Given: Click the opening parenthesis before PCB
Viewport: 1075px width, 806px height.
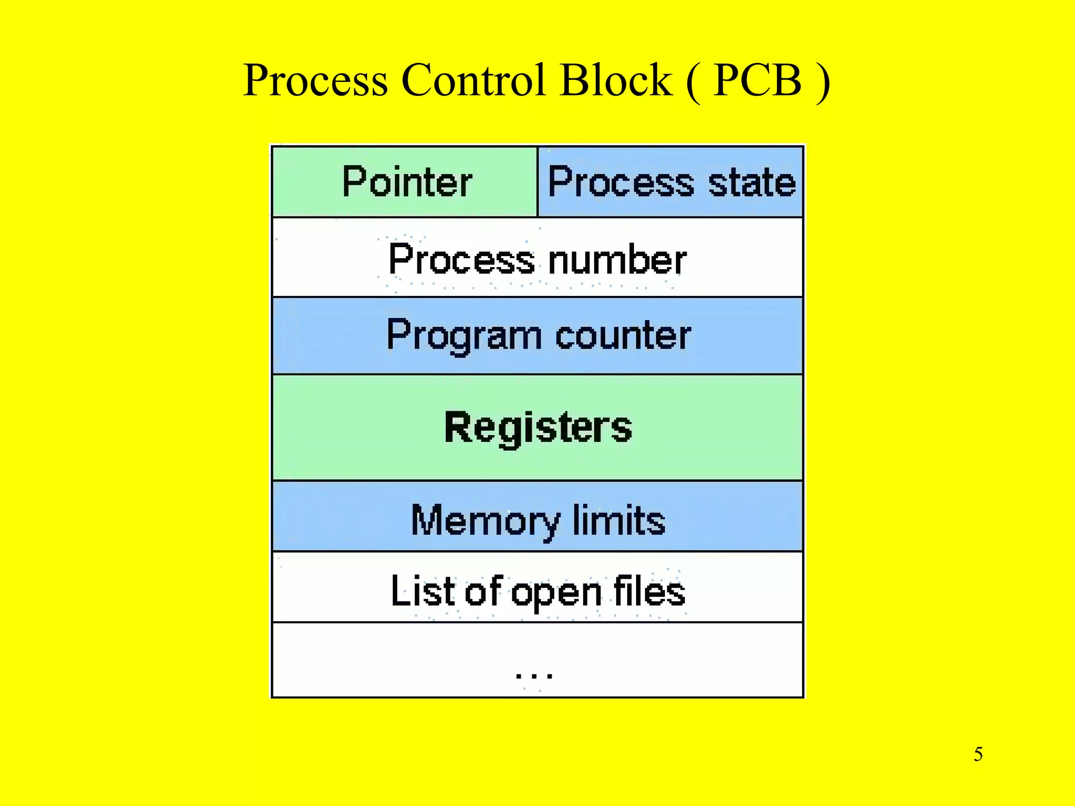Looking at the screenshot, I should [693, 82].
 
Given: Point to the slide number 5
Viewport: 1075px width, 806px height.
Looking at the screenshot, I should [978, 754].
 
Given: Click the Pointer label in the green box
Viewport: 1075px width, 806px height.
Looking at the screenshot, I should [407, 182].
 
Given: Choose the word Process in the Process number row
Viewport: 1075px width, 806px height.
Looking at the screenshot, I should [461, 260].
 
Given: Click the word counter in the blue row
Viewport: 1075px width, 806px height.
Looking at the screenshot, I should [623, 336].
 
